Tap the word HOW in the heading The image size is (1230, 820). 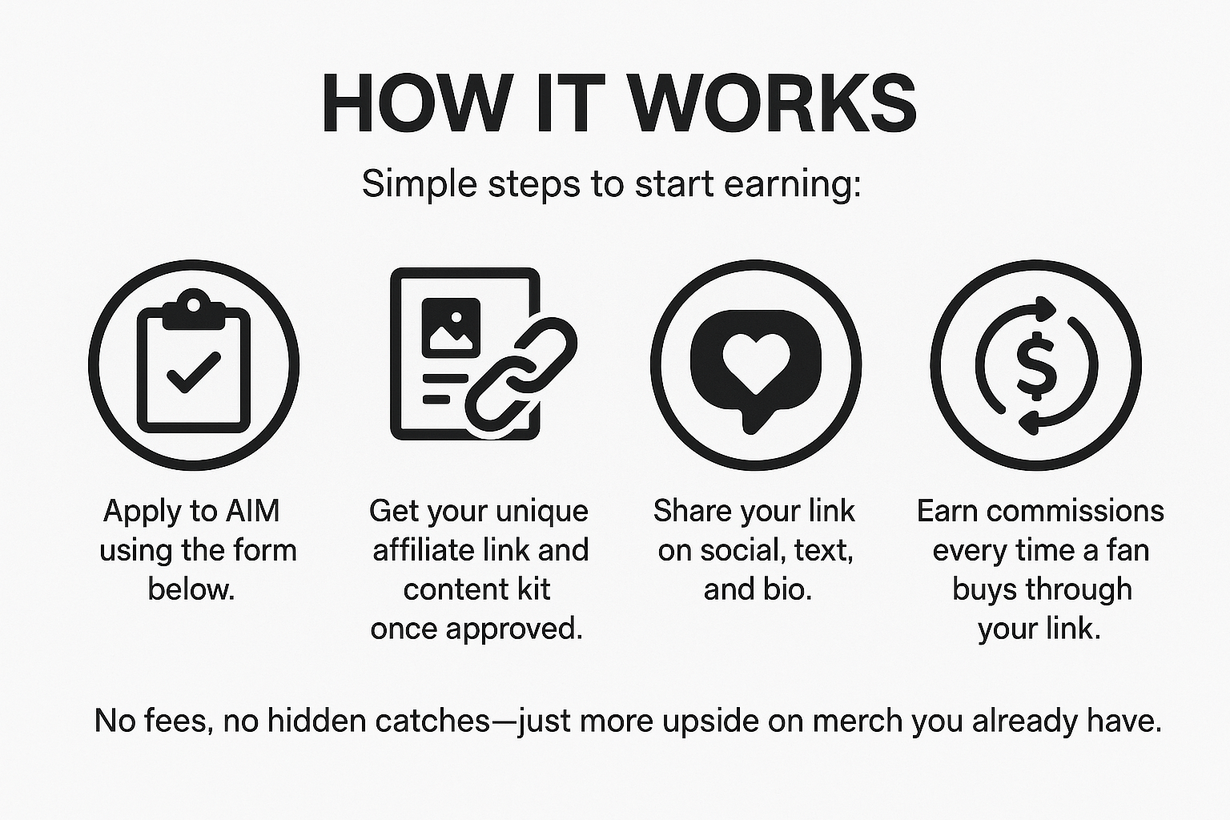[x=415, y=105]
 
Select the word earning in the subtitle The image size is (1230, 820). [x=792, y=184]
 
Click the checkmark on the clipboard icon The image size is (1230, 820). [x=193, y=372]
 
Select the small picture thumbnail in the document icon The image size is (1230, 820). [x=450, y=327]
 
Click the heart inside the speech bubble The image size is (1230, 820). [x=755, y=360]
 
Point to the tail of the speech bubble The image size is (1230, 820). [x=751, y=422]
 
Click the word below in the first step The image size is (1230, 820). [x=191, y=589]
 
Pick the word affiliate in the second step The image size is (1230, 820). [x=424, y=550]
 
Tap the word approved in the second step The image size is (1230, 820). [x=514, y=629]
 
